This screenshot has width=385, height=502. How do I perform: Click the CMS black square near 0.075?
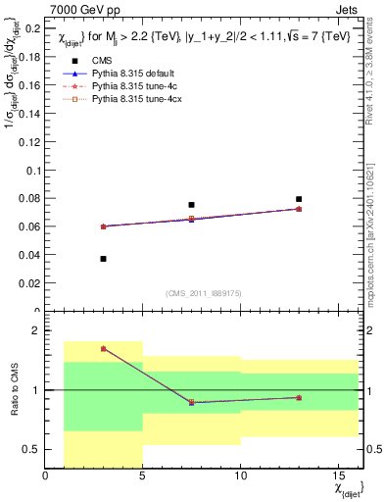pos(191,205)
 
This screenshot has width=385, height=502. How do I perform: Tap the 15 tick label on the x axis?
pos(337,477)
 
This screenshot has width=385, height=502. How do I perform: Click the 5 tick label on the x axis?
pos(143,477)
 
